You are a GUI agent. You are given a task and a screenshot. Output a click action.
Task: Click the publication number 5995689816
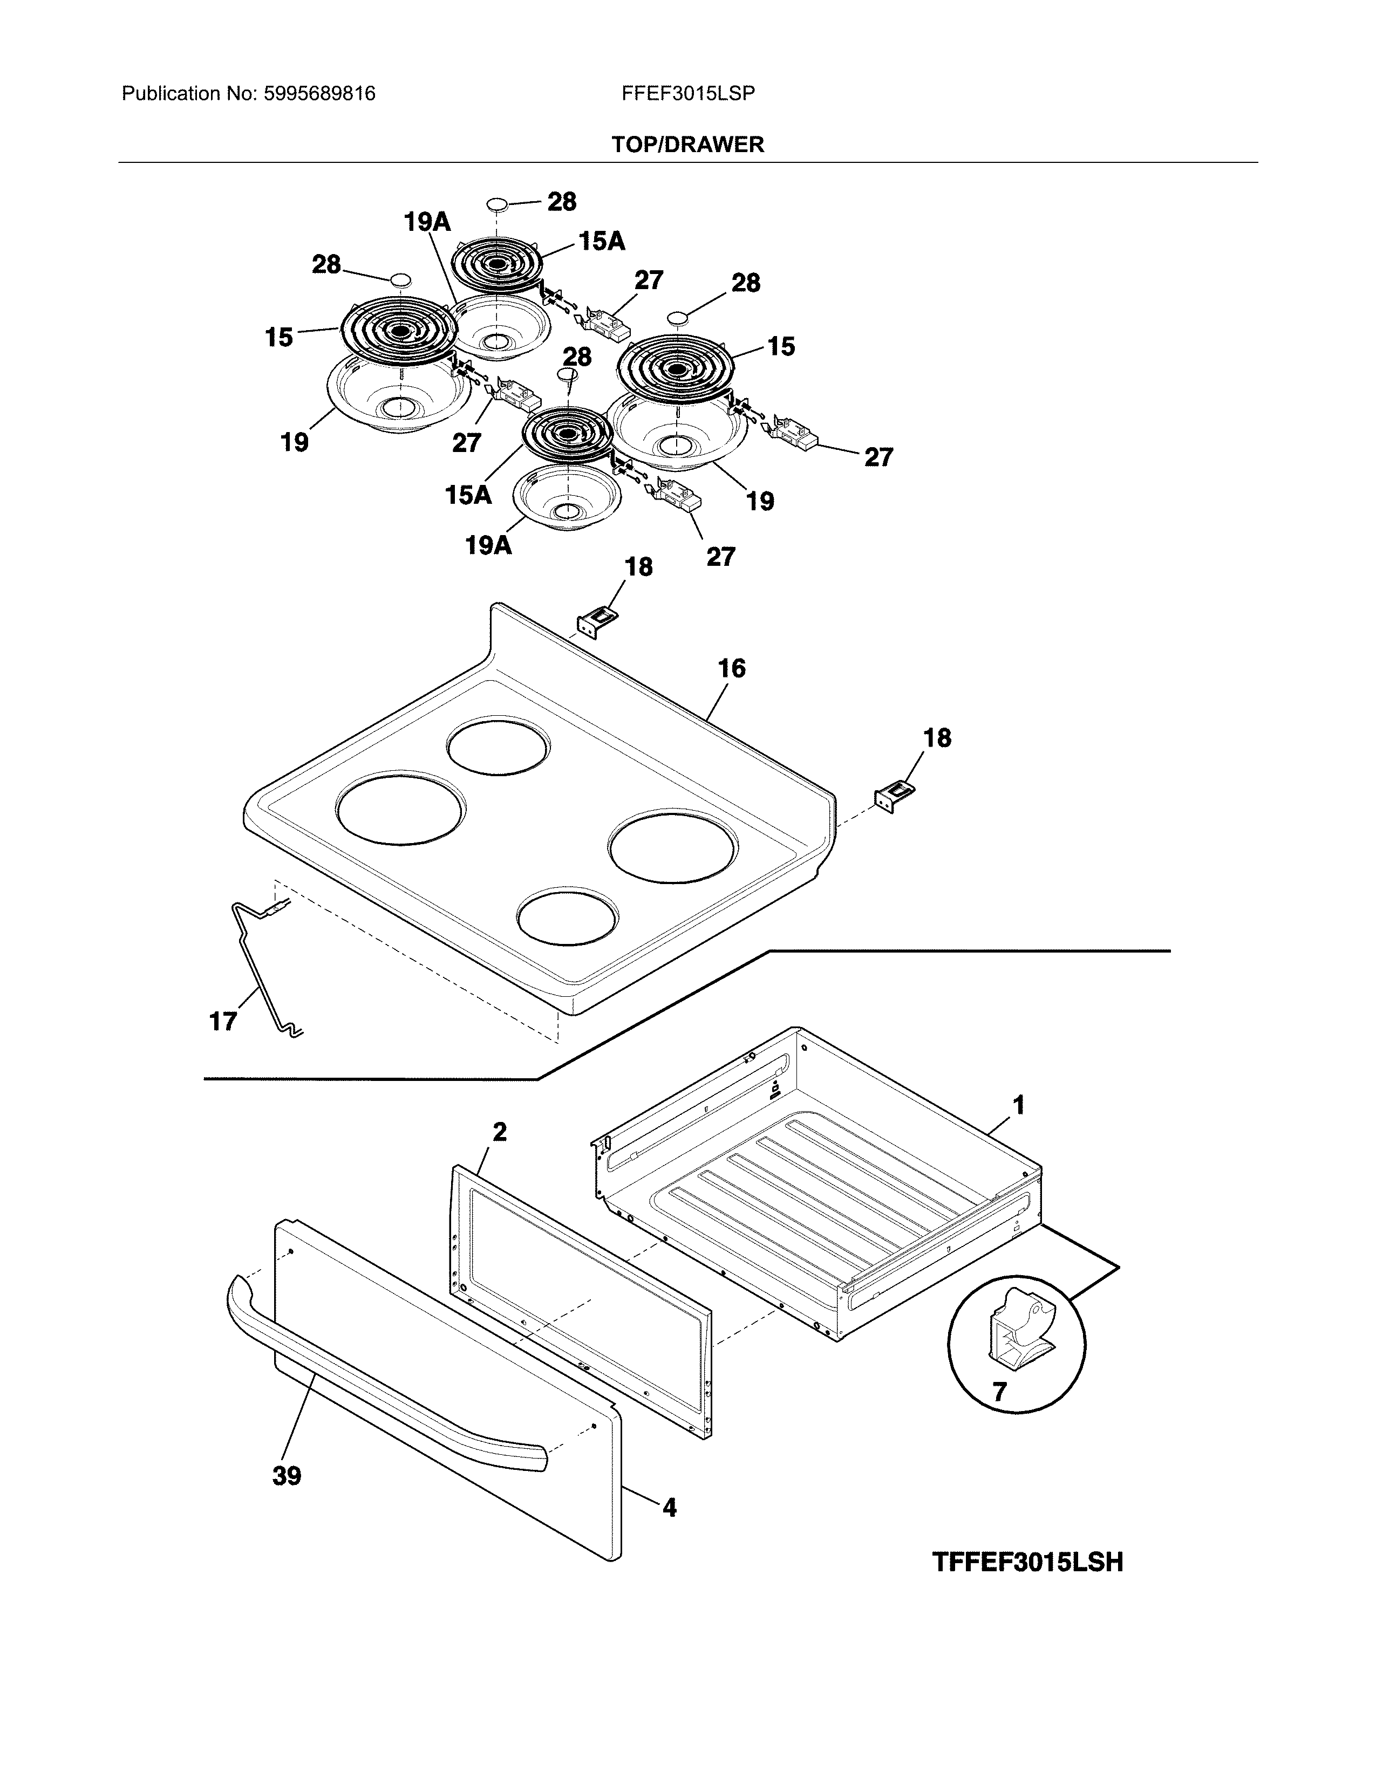[x=319, y=94]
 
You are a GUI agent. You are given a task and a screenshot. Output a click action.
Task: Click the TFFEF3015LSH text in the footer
[x=1027, y=1563]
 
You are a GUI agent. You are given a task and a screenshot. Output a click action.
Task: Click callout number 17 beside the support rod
[x=222, y=1021]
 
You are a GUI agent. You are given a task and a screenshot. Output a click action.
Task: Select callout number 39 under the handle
[x=287, y=1476]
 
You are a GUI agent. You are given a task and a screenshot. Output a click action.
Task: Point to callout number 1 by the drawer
[x=1018, y=1105]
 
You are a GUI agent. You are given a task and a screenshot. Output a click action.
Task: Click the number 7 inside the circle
[x=999, y=1391]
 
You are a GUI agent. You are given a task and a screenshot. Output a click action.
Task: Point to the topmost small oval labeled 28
[x=495, y=203]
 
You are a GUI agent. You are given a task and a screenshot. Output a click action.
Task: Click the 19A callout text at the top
[x=427, y=222]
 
